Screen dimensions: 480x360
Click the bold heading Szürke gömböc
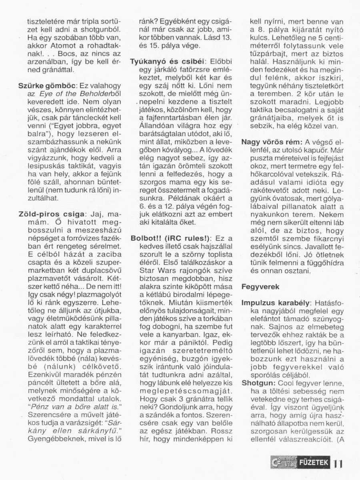click(44, 86)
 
